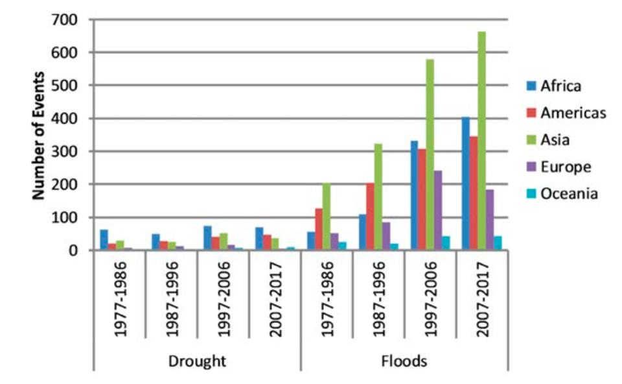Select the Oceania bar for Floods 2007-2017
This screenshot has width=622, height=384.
coord(498,243)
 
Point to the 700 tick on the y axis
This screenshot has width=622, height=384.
coord(67,19)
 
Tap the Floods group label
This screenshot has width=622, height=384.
coord(404,361)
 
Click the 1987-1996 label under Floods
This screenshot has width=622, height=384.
coord(378,299)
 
